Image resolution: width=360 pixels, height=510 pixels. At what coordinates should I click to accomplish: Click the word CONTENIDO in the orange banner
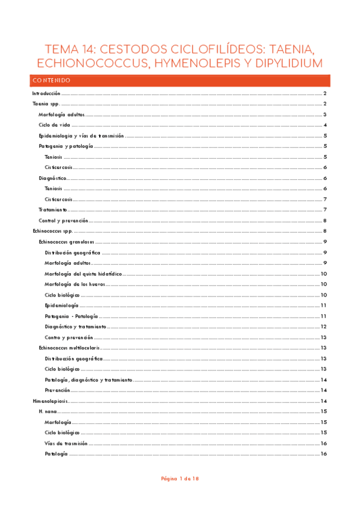coord(52,81)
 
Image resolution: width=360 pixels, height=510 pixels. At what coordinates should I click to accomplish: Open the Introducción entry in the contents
coord(46,94)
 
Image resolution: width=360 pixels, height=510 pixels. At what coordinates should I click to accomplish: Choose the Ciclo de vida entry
coord(54,125)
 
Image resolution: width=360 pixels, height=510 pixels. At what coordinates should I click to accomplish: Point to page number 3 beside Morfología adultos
coord(325,114)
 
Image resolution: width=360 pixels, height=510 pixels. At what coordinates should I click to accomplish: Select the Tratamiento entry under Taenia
coord(53,210)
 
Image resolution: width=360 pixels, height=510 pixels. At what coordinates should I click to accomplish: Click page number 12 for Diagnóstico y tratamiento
coord(323,327)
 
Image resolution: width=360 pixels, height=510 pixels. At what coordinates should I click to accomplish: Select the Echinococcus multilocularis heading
coord(68,348)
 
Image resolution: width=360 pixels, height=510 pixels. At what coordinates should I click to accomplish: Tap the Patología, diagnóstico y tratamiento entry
coord(88,379)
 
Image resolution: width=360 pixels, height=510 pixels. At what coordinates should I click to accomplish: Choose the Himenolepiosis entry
coord(50,401)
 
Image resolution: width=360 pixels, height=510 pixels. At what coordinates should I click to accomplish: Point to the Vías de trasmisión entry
coord(66,443)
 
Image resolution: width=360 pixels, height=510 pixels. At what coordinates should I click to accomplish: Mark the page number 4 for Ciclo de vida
coord(325,125)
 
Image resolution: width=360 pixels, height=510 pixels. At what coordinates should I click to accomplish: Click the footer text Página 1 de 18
coord(180,479)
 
